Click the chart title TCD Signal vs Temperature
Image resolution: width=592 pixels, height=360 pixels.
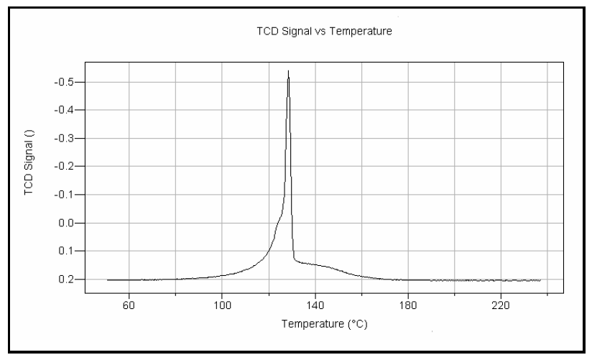coord(325,32)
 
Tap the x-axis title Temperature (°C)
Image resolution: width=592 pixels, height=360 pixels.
coord(325,323)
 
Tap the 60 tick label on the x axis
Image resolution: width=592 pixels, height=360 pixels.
coord(129,304)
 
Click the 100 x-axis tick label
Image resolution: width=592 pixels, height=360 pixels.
coord(222,304)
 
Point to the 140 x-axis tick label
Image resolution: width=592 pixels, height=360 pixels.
coord(315,304)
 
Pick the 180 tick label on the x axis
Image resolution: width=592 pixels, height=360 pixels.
coord(408,304)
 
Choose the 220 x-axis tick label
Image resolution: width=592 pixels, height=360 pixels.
coord(501,304)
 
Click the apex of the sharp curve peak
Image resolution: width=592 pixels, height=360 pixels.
coord(288,70)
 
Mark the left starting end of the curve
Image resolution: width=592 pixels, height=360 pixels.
coord(107,280)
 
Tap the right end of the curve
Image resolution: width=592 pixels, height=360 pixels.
coord(540,280)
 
